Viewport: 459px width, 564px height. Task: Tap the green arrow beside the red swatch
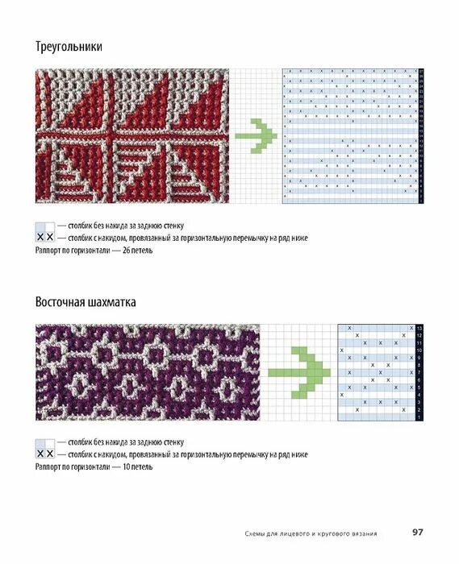coord(257,135)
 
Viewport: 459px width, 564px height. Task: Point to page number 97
coord(418,532)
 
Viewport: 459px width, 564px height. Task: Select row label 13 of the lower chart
coord(419,329)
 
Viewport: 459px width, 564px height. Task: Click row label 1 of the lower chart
coord(419,417)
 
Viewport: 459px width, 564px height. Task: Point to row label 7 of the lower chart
coord(419,372)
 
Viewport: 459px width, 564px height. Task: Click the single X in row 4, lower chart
coord(342,395)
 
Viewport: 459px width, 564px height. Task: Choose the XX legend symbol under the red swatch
coord(45,238)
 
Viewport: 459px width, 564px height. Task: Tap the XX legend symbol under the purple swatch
coord(45,454)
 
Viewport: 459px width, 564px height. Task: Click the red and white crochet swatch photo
coord(128,135)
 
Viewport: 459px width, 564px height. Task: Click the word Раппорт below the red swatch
coord(51,251)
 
